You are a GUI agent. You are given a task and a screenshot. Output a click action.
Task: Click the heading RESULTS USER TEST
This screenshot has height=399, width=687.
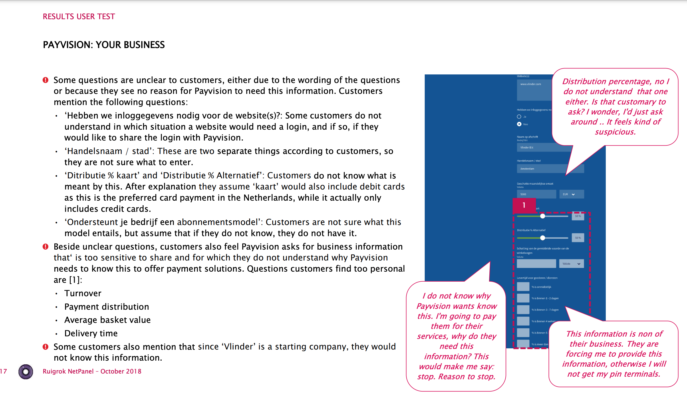[79, 17]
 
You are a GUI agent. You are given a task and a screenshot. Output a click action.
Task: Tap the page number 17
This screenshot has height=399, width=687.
[3, 371]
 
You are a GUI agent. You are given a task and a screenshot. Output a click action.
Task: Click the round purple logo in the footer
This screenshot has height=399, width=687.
[26, 372]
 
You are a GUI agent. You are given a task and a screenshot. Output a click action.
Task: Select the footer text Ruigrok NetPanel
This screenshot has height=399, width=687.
[68, 371]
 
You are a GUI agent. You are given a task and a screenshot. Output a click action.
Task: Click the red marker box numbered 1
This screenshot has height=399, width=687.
[524, 205]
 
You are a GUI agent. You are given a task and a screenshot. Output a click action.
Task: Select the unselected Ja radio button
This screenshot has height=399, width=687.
[519, 116]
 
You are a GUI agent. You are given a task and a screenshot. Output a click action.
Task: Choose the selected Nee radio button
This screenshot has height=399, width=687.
[519, 124]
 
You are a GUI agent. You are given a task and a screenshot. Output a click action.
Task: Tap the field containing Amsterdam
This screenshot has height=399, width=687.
[541, 169]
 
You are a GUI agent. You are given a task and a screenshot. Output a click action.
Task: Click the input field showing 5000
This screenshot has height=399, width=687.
[536, 194]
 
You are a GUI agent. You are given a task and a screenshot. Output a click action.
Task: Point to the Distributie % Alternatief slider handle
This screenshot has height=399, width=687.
[543, 238]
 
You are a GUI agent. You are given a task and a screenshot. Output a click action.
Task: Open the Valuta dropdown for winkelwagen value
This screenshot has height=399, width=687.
[571, 264]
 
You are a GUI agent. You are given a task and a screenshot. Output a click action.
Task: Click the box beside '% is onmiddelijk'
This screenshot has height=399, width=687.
[523, 287]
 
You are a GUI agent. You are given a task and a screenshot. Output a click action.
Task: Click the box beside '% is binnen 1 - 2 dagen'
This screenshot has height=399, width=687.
[523, 298]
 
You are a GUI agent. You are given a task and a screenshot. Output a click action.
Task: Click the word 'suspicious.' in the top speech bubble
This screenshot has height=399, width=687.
[615, 132]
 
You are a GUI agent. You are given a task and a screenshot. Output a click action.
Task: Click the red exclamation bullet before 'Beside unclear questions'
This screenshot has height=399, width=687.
[45, 247]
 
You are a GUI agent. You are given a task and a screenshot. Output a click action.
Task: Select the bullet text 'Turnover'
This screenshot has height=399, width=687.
[83, 293]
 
